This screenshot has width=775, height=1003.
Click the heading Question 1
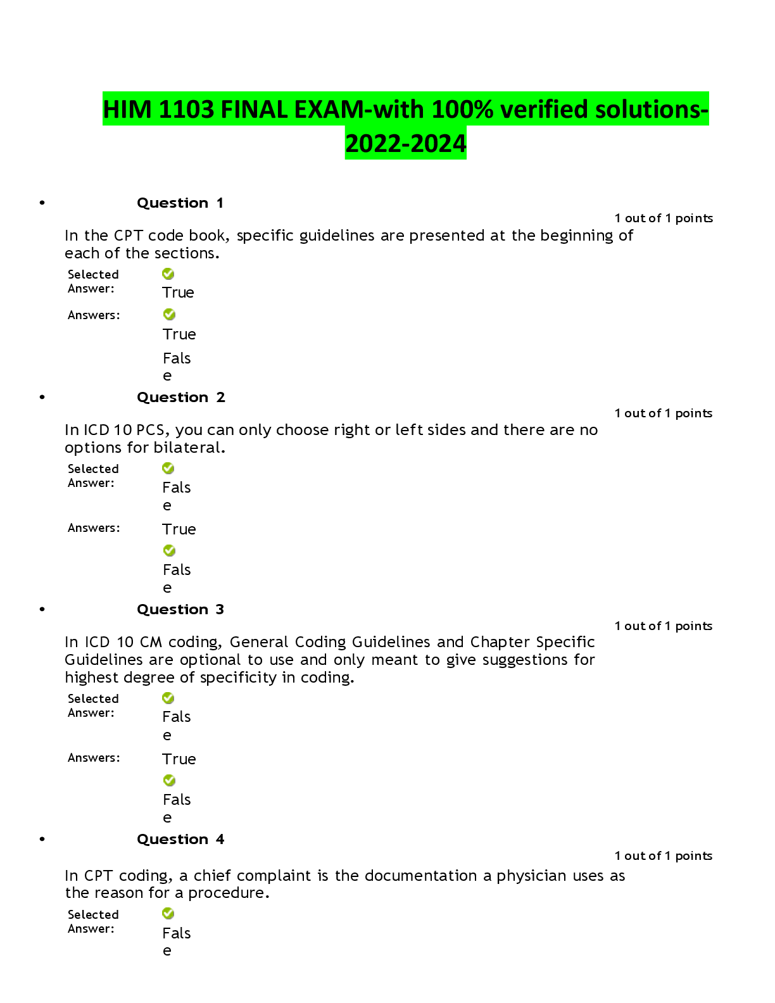[180, 203]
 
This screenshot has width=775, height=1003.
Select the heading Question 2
[181, 397]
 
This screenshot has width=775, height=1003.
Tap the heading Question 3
[180, 609]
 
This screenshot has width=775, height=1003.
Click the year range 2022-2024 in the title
[406, 144]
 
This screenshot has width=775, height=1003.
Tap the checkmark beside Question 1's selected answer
[168, 274]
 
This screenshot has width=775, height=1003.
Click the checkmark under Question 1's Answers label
[170, 314]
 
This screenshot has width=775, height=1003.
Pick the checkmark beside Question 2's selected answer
[168, 469]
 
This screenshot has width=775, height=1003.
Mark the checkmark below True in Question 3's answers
[170, 780]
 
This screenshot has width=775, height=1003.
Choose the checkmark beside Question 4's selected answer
[168, 914]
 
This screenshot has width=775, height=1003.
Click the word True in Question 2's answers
[179, 529]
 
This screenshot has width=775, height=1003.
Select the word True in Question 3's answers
[179, 759]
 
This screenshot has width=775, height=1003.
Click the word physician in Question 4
[531, 876]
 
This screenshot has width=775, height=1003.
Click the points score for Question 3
[664, 626]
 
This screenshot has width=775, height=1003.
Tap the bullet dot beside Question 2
[42, 397]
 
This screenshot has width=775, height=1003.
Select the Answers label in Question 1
[94, 315]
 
